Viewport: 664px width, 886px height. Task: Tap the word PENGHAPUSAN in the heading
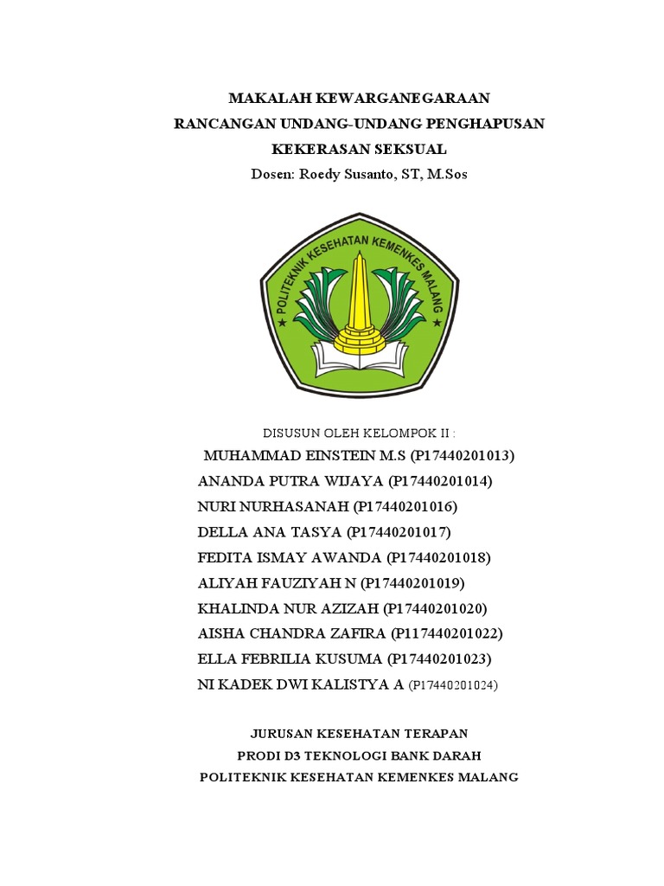486,123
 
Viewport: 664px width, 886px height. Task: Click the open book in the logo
357,354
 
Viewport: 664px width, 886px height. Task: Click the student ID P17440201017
399,531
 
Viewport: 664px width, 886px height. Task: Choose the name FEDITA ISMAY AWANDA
290,557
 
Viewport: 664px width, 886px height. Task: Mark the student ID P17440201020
435,608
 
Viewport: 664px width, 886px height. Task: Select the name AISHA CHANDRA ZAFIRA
291,633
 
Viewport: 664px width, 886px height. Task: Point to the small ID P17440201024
453,685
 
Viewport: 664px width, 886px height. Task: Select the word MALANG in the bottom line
488,777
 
